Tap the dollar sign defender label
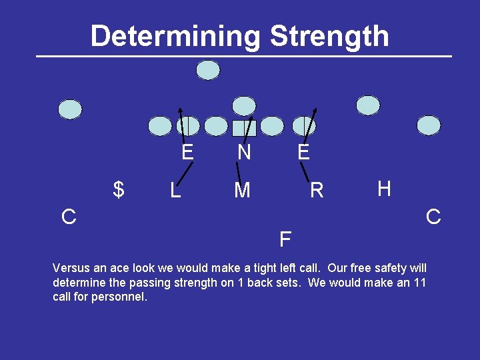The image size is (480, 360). pyautogui.click(x=119, y=190)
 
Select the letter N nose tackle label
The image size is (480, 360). pyautogui.click(x=244, y=153)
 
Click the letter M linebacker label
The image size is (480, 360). pyautogui.click(x=242, y=191)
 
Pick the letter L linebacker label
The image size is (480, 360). pyautogui.click(x=175, y=191)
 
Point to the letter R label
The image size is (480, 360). pyautogui.click(x=317, y=191)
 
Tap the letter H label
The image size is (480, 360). pyautogui.click(x=384, y=189)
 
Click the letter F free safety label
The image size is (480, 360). pyautogui.click(x=285, y=239)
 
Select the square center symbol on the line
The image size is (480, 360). pyautogui.click(x=244, y=127)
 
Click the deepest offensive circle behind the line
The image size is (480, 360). pyautogui.click(x=209, y=70)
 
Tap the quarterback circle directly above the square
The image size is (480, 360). pyautogui.click(x=244, y=105)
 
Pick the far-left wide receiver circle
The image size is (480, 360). pyautogui.click(x=70, y=109)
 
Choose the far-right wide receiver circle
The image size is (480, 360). pyautogui.click(x=429, y=125)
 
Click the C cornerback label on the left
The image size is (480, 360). pyautogui.click(x=69, y=217)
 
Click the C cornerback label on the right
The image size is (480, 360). pyautogui.click(x=433, y=217)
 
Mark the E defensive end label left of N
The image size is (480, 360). pyautogui.click(x=187, y=153)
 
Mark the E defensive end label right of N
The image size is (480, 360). pyautogui.click(x=303, y=153)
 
